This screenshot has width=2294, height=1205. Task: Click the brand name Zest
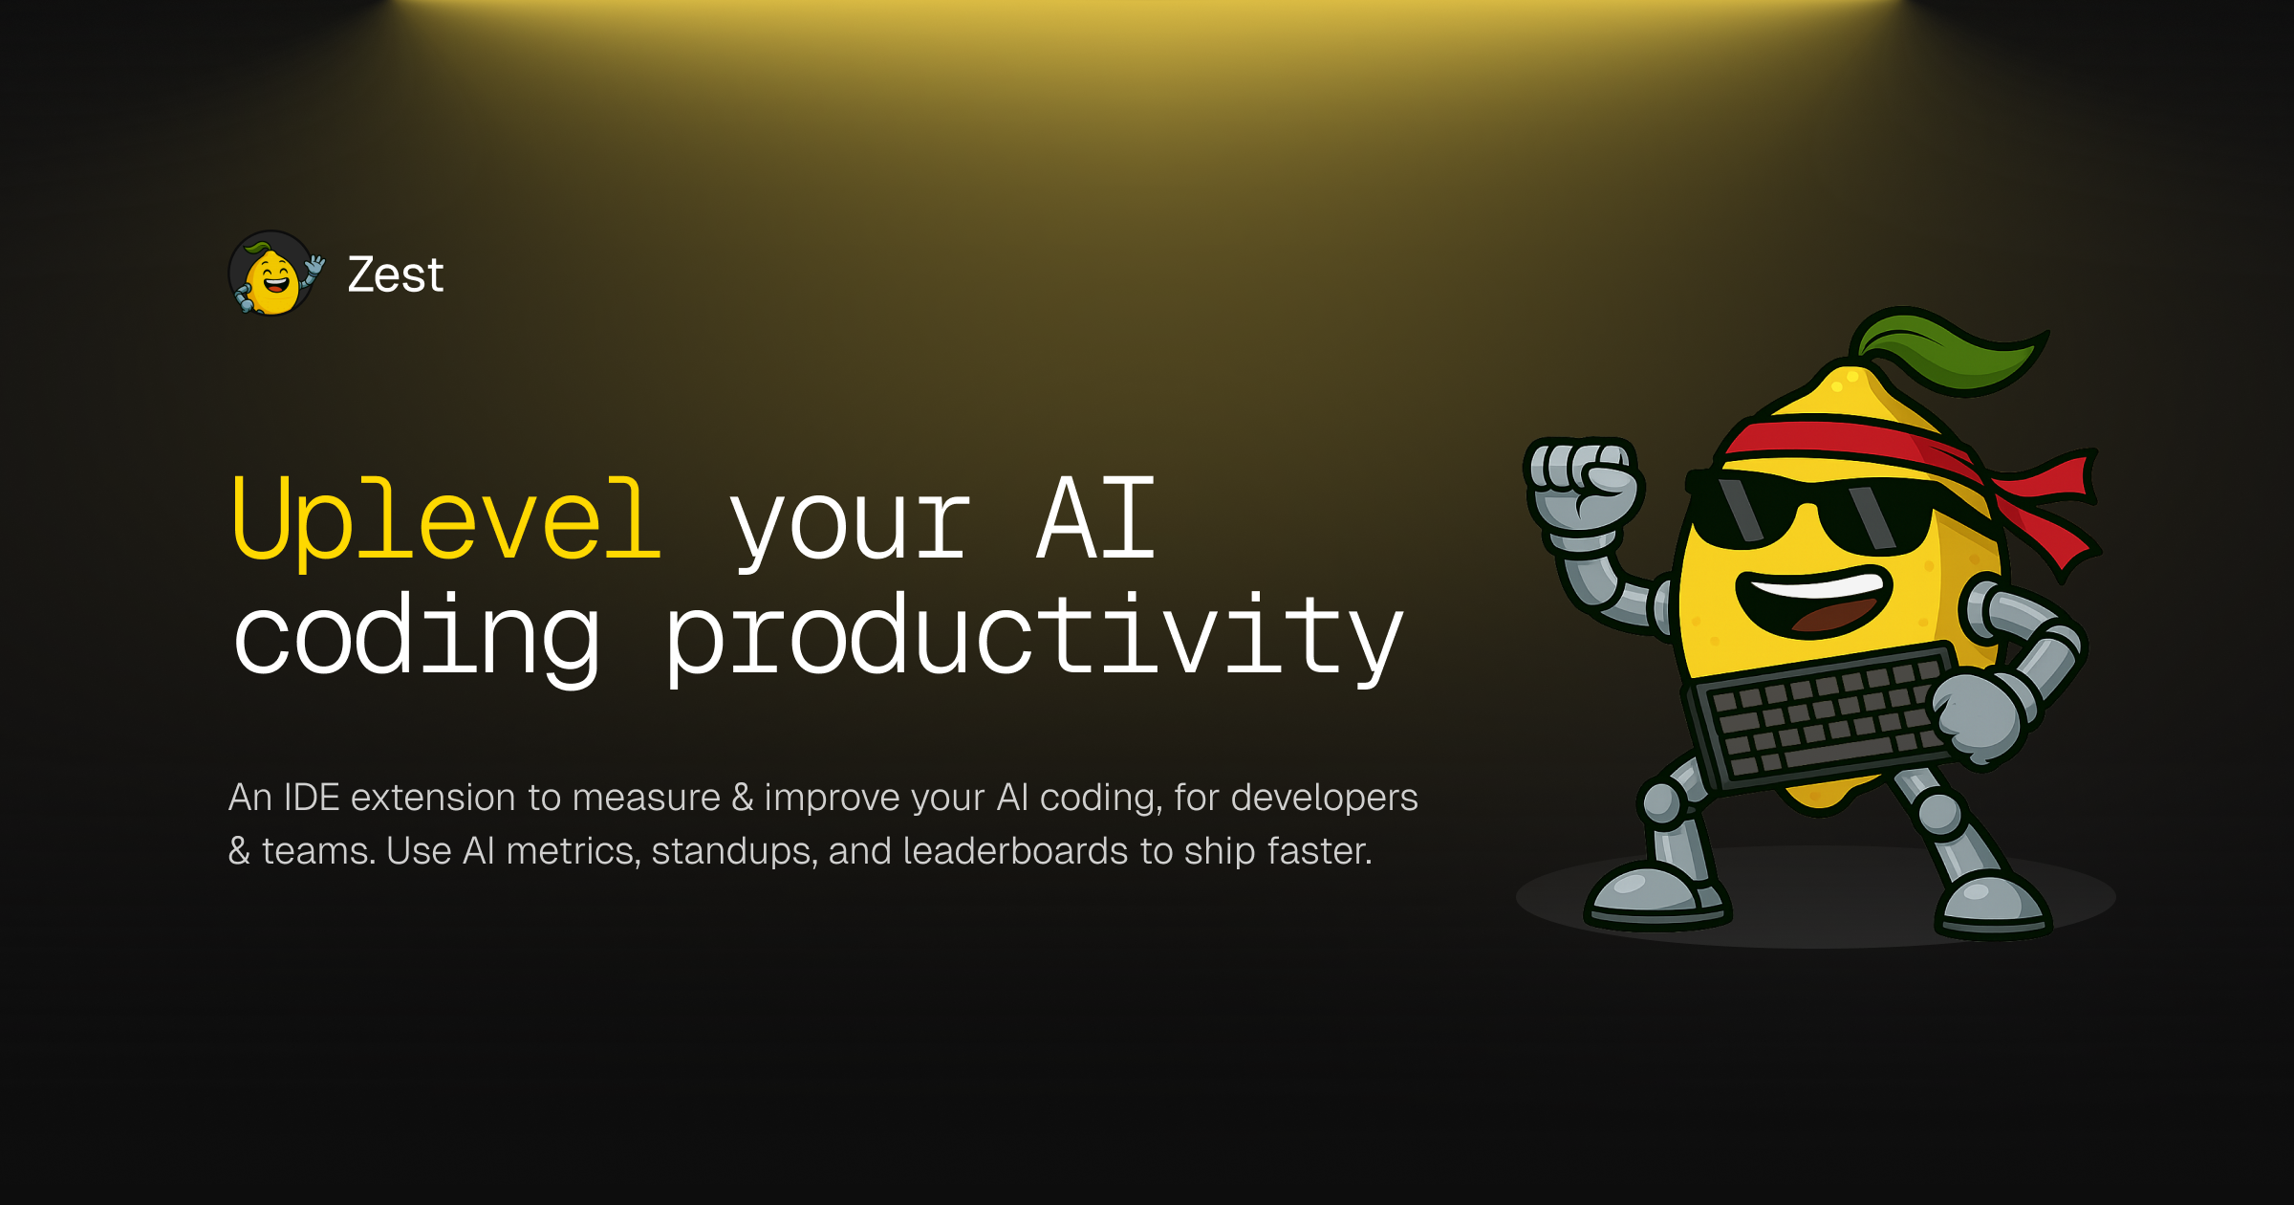tap(396, 275)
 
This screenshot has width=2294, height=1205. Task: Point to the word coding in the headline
tap(417, 635)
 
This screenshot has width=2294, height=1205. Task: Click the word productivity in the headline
tap(1034, 635)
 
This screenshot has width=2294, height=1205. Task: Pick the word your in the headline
tap(850, 532)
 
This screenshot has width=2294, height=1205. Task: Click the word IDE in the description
tap(312, 797)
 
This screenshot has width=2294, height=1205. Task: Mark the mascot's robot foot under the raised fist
tap(1657, 895)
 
